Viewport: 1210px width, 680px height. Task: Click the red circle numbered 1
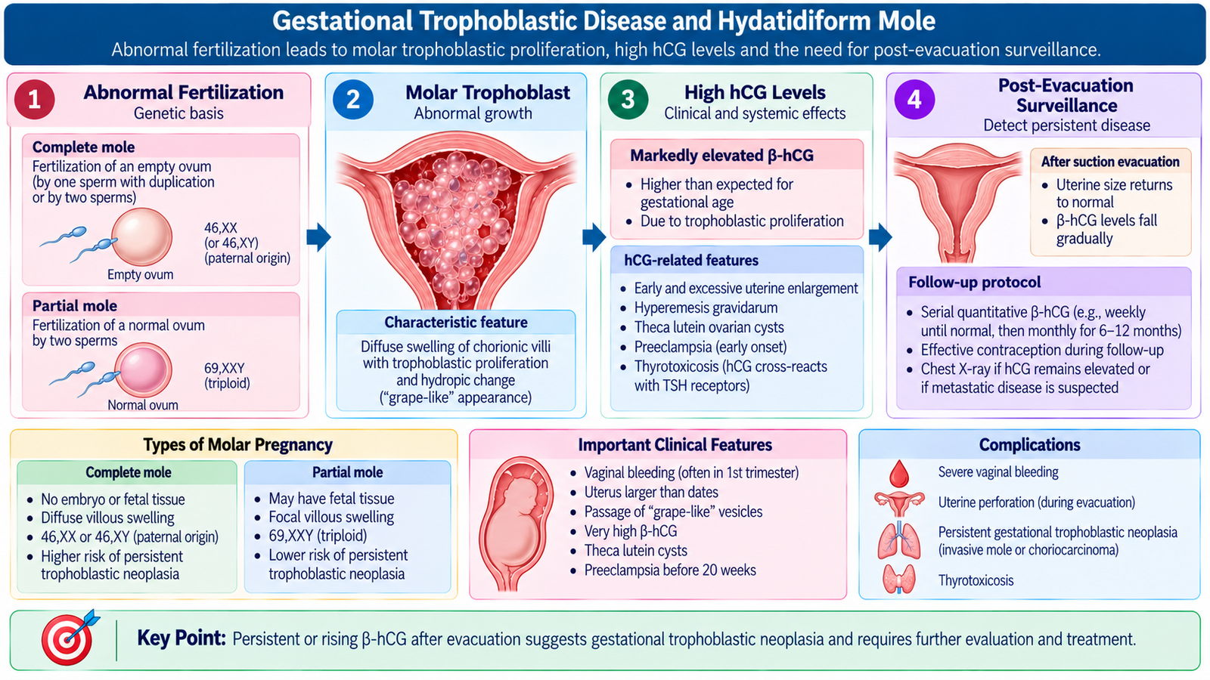pyautogui.click(x=35, y=100)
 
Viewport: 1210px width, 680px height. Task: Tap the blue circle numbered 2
pyautogui.click(x=353, y=100)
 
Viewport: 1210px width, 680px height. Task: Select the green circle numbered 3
pyautogui.click(x=628, y=100)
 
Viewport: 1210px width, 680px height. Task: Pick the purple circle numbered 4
pyautogui.click(x=914, y=100)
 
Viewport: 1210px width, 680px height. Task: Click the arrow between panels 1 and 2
pyautogui.click(x=318, y=237)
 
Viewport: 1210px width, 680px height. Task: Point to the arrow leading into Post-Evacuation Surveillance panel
pyautogui.click(x=880, y=237)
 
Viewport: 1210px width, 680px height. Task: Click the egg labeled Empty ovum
pyautogui.click(x=142, y=237)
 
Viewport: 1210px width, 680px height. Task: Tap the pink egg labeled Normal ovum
pyautogui.click(x=143, y=370)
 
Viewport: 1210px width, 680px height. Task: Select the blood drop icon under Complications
pyautogui.click(x=899, y=473)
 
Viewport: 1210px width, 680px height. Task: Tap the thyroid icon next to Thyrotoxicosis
pyautogui.click(x=899, y=579)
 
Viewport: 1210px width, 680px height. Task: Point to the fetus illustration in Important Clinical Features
pyautogui.click(x=517, y=521)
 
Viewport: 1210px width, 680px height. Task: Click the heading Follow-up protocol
pyautogui.click(x=975, y=283)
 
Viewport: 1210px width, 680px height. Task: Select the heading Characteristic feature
pyautogui.click(x=456, y=322)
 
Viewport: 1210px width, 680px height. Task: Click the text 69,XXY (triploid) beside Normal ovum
pyautogui.click(x=227, y=376)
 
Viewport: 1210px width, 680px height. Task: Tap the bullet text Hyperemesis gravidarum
pyautogui.click(x=706, y=308)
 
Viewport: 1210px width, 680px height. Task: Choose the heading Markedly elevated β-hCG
pyautogui.click(x=721, y=156)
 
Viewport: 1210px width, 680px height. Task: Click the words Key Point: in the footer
pyautogui.click(x=181, y=638)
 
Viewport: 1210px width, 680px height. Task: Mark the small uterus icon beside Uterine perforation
pyautogui.click(x=899, y=503)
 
